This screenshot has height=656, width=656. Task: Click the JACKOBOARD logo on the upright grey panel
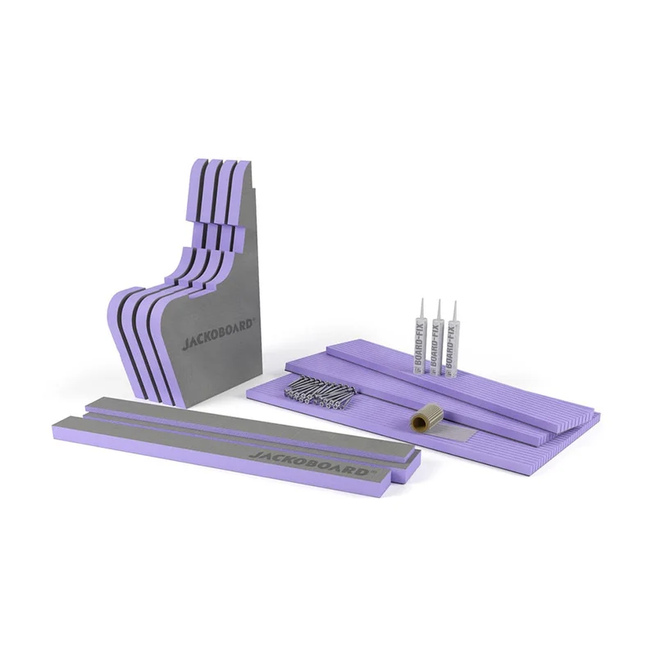(217, 335)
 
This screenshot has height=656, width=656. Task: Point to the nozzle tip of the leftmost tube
(421, 298)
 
